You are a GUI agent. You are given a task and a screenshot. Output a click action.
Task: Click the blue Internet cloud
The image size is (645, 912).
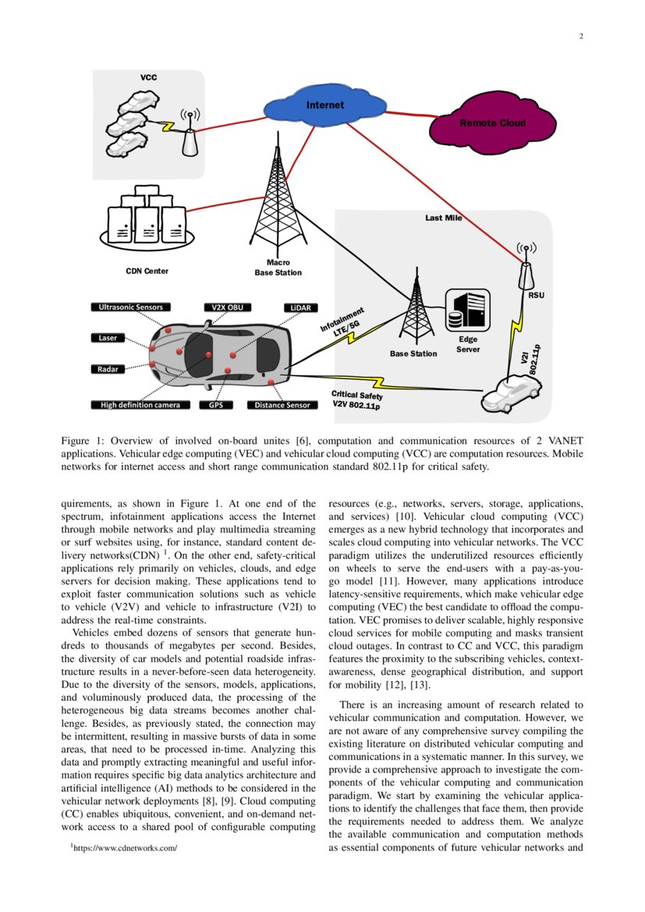point(324,105)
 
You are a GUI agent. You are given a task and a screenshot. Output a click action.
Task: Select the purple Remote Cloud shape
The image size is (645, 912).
point(492,122)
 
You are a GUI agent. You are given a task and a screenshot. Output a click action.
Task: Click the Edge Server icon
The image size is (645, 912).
point(467,311)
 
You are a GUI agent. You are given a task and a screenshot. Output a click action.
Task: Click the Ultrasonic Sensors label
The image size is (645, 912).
point(131,307)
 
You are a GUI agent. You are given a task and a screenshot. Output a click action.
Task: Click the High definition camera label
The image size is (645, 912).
point(140,405)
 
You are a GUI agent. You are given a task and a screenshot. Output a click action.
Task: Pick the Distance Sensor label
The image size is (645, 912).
point(282,405)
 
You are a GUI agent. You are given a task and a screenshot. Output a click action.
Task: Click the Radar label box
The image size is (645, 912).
point(108,368)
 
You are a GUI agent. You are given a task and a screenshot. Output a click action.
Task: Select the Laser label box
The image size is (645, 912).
point(108,338)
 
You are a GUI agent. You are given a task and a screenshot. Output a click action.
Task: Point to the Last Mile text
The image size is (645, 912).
point(443,218)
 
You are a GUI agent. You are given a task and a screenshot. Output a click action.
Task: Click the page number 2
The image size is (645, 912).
point(581,36)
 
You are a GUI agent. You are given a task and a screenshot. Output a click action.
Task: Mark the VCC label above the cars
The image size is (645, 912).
point(148,78)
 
